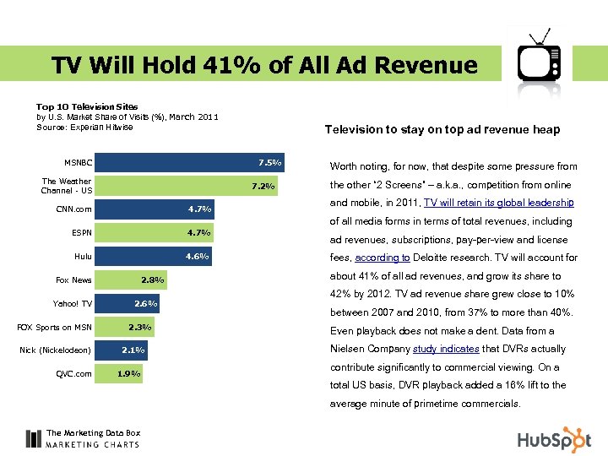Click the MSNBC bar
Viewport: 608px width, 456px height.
pos(190,162)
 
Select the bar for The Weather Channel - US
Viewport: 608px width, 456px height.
pos(186,186)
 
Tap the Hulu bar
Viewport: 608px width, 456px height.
pos(152,256)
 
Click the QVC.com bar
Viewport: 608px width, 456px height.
pos(118,373)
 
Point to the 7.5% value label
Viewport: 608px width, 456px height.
pos(270,162)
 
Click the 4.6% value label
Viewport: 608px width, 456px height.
pos(197,256)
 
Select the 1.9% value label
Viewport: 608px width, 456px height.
pos(129,373)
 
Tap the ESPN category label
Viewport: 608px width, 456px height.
pos(82,232)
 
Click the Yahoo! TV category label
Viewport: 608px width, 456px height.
pos(74,303)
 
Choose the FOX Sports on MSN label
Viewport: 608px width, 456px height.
pos(55,327)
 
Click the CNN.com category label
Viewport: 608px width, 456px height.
pos(75,209)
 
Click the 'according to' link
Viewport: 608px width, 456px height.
pos(383,258)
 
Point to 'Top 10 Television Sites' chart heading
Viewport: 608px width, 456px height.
pos(88,106)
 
